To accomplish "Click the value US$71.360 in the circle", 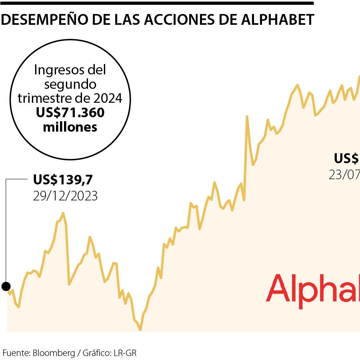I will click(70, 113).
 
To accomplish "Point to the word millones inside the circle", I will click(70, 127).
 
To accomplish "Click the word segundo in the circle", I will click(70, 84).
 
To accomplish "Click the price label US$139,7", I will click(66, 180).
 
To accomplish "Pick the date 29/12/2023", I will click(66, 196).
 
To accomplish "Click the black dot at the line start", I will click(6, 286).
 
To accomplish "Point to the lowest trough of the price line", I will click(140, 329).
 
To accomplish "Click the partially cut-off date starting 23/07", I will click(344, 175).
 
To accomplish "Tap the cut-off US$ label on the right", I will click(346, 159).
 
